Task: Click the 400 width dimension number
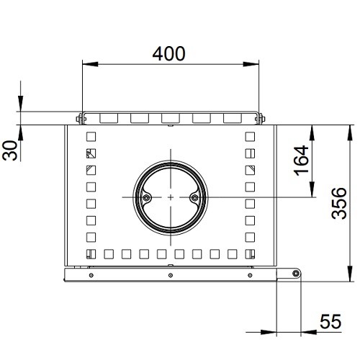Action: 169,53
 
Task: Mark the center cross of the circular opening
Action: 170,197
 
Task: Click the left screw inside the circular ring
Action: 147,197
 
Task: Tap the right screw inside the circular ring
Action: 193,197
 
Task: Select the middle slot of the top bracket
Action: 170,117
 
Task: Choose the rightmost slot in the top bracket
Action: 232,117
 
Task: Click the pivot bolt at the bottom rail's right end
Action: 295,273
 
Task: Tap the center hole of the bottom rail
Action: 169,274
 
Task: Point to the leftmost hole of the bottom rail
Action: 91,274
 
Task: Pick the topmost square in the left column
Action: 91,135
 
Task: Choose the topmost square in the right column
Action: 250,135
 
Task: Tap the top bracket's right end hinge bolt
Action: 261,118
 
